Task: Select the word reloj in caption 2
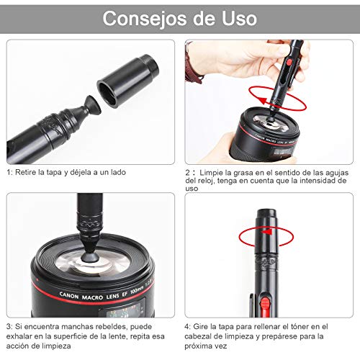207,181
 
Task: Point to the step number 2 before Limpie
189,173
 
